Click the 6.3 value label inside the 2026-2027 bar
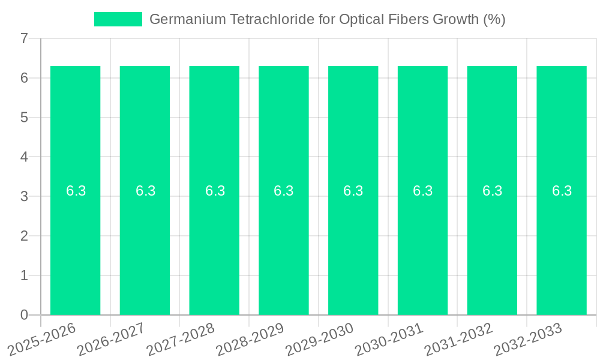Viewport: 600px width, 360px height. tap(145, 191)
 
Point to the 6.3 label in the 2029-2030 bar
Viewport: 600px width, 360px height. tap(353, 191)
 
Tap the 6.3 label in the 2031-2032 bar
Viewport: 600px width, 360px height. tap(492, 191)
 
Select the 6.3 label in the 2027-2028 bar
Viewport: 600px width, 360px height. tap(215, 191)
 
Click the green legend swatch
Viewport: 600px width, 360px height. tap(118, 19)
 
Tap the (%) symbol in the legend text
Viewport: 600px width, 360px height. tap(494, 19)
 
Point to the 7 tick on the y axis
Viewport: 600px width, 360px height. tap(24, 38)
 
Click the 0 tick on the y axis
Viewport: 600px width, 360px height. tap(24, 315)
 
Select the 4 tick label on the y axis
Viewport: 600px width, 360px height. tap(24, 157)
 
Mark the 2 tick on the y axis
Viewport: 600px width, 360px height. tap(24, 236)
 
